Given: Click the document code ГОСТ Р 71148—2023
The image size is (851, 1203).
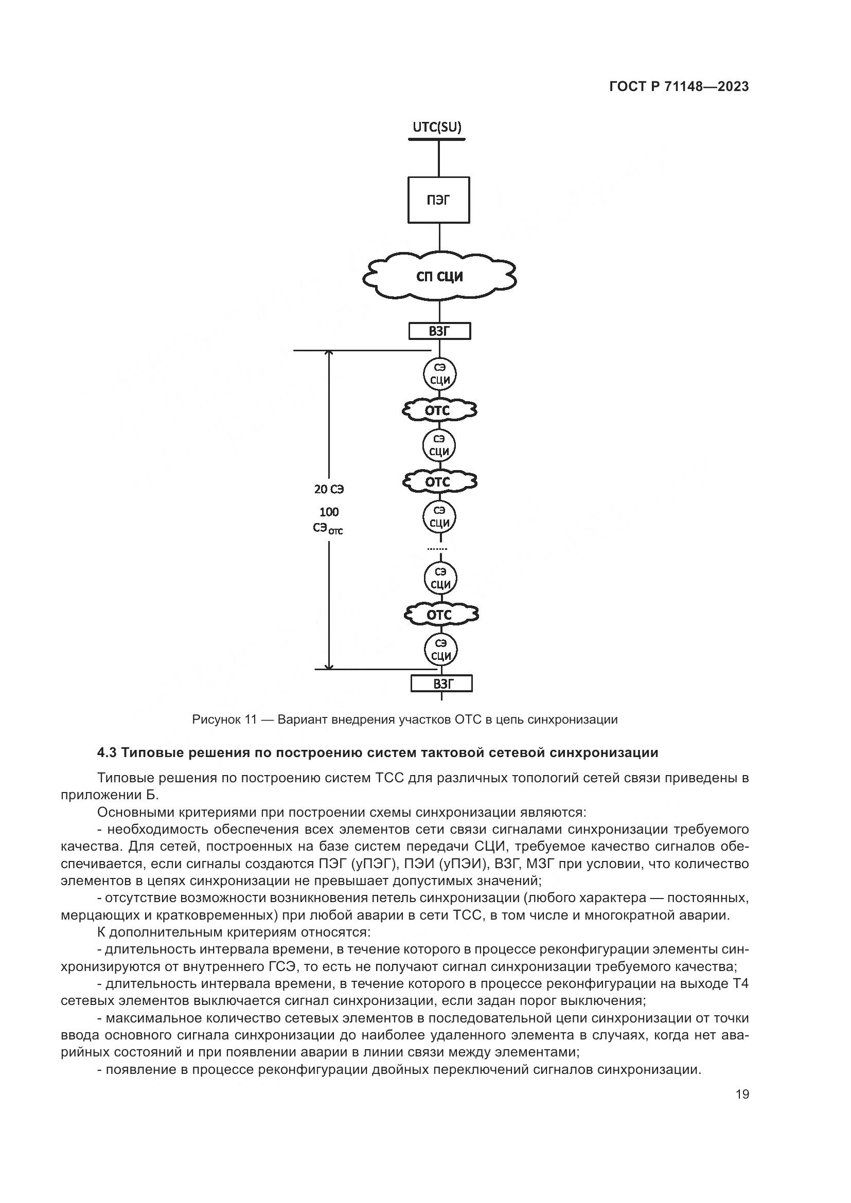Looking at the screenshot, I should pyautogui.click(x=679, y=87).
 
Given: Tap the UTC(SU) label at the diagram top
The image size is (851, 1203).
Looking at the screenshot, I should pyautogui.click(x=437, y=127).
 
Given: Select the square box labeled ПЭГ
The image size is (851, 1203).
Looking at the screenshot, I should pyautogui.click(x=438, y=200).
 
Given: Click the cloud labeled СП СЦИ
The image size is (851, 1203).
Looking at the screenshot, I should pyautogui.click(x=439, y=276).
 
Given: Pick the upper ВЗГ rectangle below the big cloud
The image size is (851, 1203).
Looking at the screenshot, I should pyautogui.click(x=439, y=331).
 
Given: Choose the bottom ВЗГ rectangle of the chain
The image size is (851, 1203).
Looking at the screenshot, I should pyautogui.click(x=441, y=684).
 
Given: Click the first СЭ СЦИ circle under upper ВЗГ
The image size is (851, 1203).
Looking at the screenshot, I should pyautogui.click(x=439, y=374).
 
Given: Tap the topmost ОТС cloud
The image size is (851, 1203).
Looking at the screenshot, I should pyautogui.click(x=439, y=410).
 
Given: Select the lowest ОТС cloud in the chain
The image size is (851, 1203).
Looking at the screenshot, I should pyautogui.click(x=441, y=614).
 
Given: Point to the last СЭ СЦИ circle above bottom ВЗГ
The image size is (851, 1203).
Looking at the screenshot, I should pyautogui.click(x=441, y=650).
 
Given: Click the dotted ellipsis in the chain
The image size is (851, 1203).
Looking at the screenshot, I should pyautogui.click(x=437, y=549).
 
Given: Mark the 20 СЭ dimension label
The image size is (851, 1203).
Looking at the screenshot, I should pyautogui.click(x=329, y=489).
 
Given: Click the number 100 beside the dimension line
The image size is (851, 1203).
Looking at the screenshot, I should pyautogui.click(x=329, y=512).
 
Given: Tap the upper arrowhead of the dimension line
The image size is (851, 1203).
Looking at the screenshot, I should pyautogui.click(x=329, y=354).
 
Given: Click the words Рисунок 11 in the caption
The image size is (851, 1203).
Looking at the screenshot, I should pyautogui.click(x=224, y=720).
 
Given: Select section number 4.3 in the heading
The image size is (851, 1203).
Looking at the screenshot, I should pyautogui.click(x=107, y=753).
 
